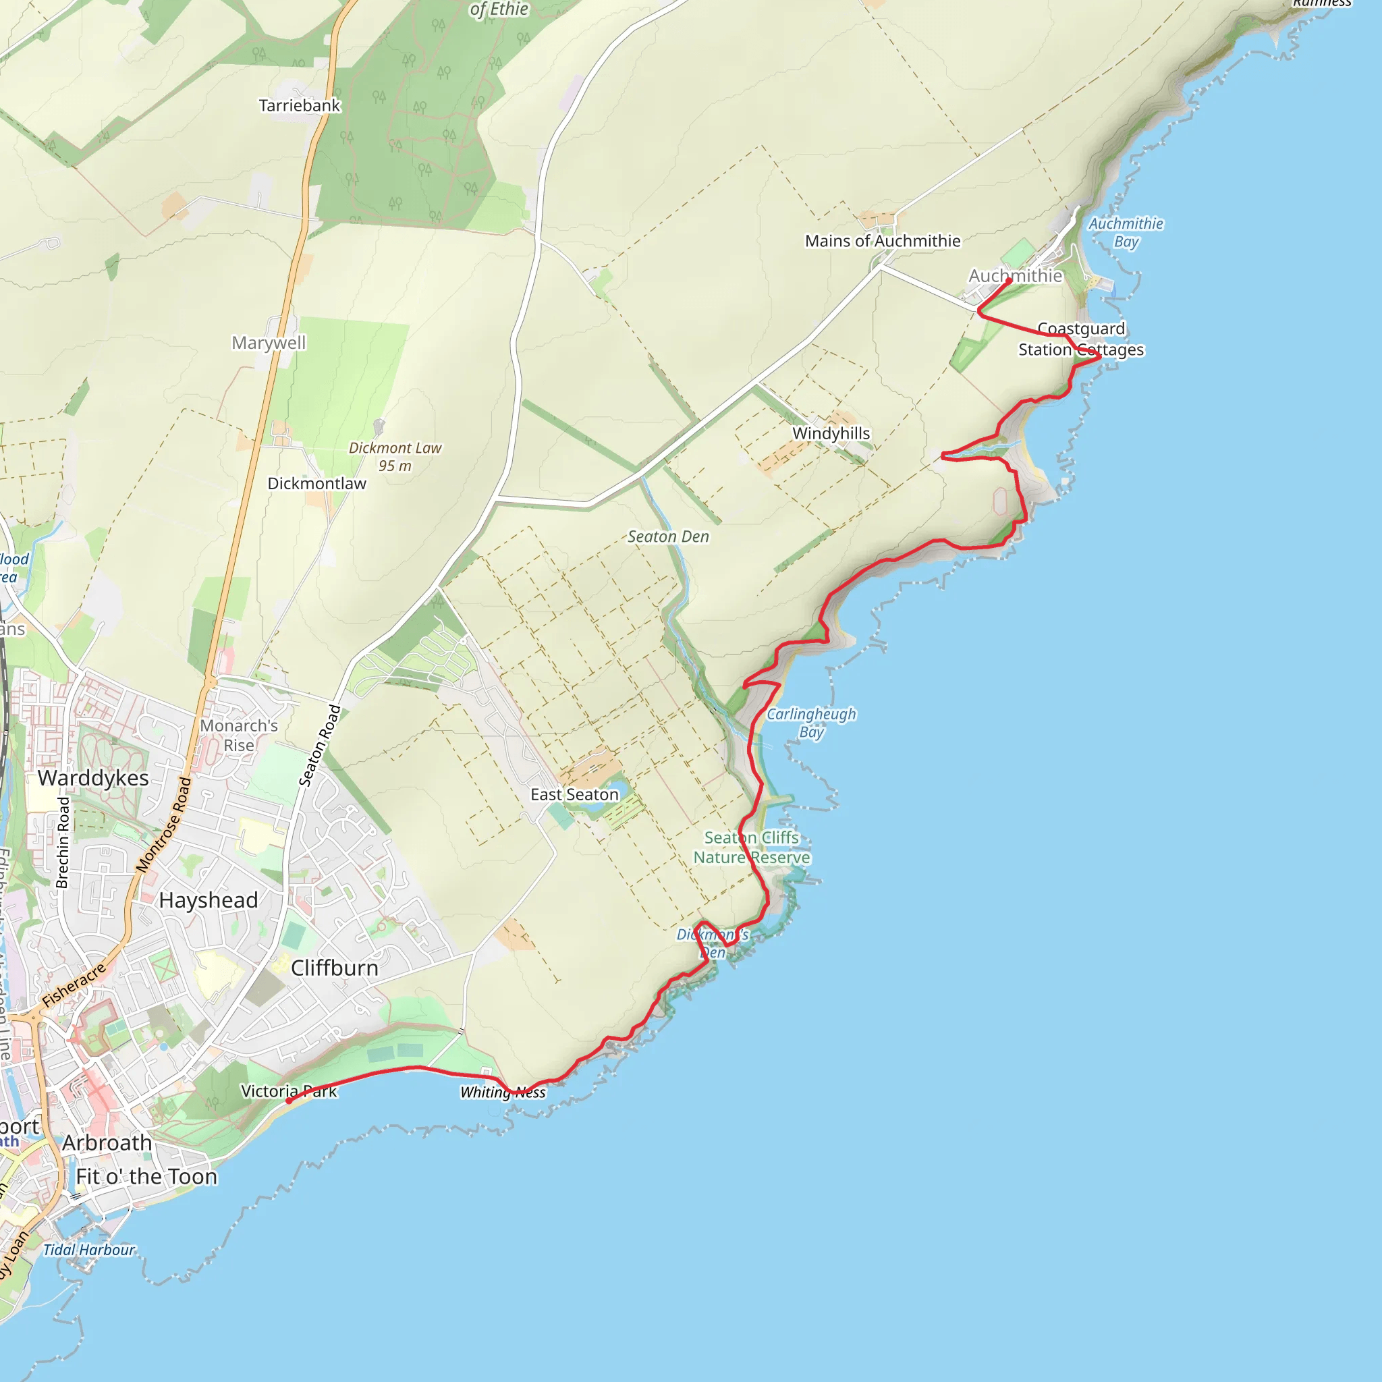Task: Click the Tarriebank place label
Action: point(299,106)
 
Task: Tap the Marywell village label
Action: point(269,343)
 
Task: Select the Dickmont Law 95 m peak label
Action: point(395,456)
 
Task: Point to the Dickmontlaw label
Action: point(316,484)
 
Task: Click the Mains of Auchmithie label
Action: point(883,241)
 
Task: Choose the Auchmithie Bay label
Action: point(1126,233)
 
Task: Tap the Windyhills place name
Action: point(831,433)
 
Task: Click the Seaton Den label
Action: point(668,536)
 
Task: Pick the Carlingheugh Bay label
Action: point(811,723)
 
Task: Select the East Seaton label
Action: point(574,795)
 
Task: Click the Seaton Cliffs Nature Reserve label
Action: point(752,847)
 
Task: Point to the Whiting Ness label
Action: point(503,1093)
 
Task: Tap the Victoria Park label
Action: point(288,1092)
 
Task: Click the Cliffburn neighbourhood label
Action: point(334,968)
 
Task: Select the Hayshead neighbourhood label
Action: point(208,900)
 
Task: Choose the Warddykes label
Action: point(93,777)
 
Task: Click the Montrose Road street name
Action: point(164,825)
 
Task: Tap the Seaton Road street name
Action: point(319,746)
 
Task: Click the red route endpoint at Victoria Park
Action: point(288,1101)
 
